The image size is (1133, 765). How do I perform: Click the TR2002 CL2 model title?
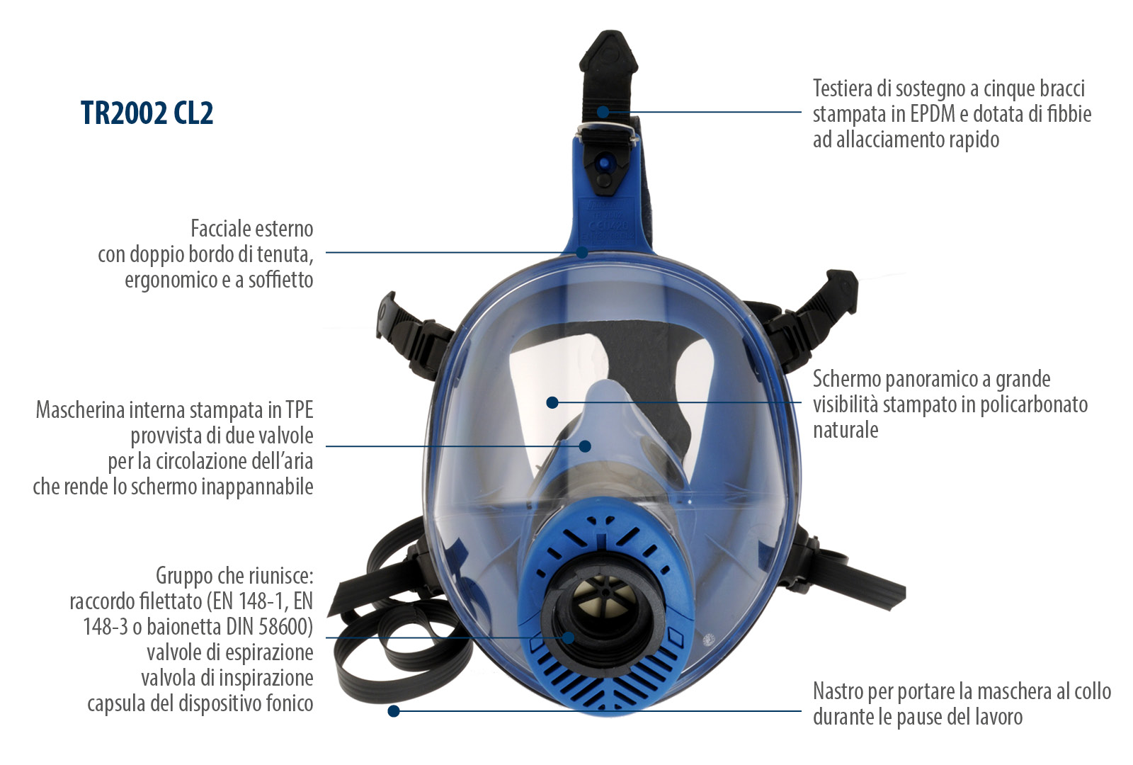tap(147, 113)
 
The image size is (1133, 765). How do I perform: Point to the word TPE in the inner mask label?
tap(299, 410)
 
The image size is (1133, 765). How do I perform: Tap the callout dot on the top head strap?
tap(603, 112)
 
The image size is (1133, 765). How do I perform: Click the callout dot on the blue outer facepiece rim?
tap(582, 252)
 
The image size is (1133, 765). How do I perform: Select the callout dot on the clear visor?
tap(552, 403)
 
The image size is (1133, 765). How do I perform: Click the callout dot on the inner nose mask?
tap(585, 446)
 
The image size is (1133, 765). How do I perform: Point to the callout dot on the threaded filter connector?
tap(569, 637)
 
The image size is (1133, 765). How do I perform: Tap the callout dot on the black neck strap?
tap(394, 711)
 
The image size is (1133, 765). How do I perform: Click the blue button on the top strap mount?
tap(603, 164)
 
